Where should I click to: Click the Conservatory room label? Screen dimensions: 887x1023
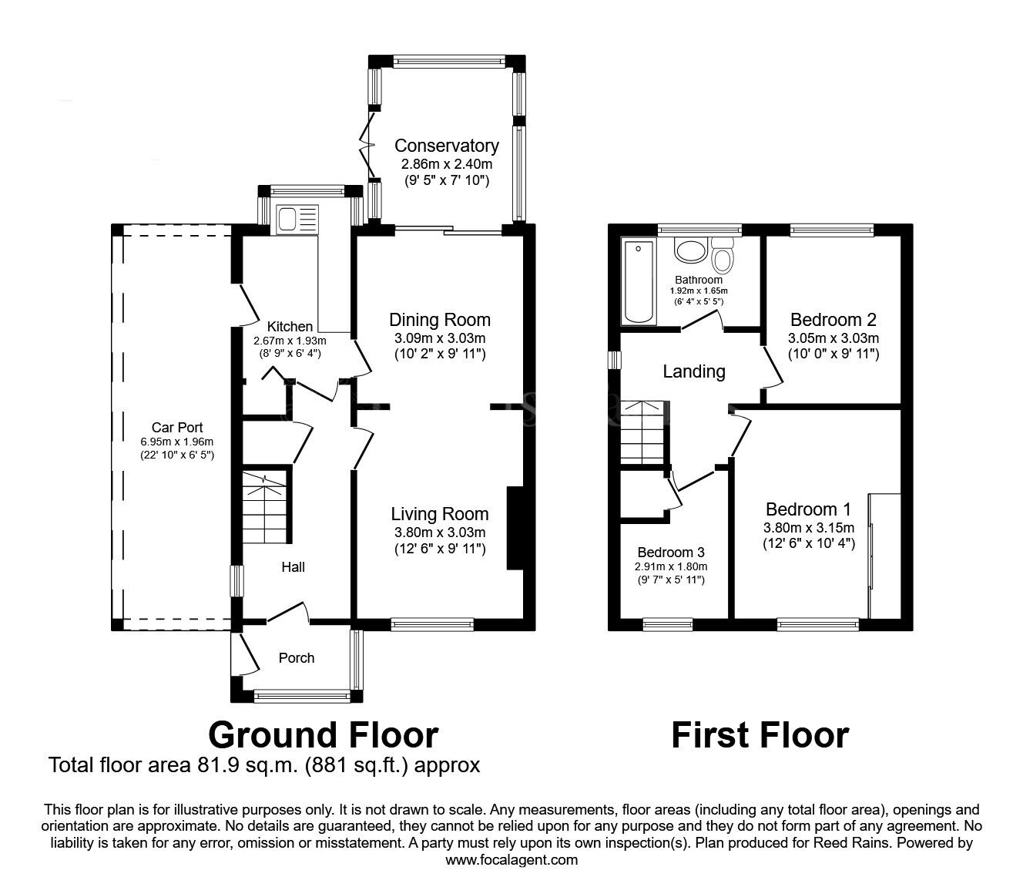pos(446,146)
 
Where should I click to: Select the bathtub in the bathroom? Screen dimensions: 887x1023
pos(639,282)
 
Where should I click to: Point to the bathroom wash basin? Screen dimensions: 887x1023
pos(690,250)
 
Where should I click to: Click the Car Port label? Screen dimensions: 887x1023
pos(177,428)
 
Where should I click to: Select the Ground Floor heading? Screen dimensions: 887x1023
pos(323,735)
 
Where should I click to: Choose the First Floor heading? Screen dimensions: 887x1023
pos(760,735)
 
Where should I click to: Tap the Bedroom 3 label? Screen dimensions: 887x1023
pos(670,553)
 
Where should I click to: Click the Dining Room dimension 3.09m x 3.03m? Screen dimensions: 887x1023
pos(439,338)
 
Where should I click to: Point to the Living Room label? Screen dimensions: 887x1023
pos(439,514)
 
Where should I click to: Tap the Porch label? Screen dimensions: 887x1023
pos(297,657)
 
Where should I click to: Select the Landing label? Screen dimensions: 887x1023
pos(694,372)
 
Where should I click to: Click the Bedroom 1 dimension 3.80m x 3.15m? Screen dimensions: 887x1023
pos(808,528)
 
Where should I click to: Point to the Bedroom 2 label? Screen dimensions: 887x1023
pos(833,320)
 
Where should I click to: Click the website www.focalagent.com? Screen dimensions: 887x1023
pos(511,860)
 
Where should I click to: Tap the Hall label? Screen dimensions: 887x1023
pos(293,567)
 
